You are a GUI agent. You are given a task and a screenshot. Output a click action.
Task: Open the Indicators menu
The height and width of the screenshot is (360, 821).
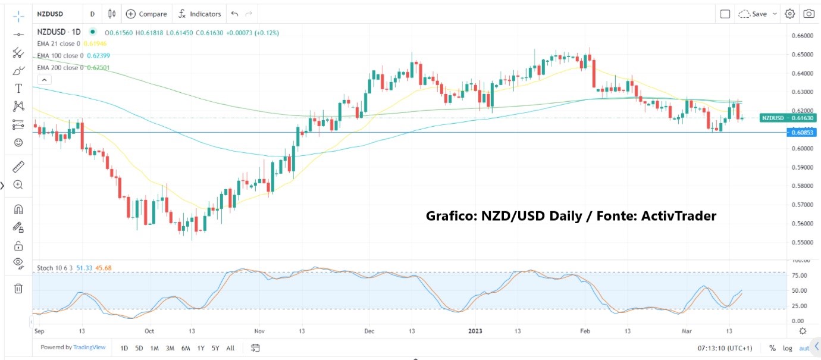click(x=200, y=14)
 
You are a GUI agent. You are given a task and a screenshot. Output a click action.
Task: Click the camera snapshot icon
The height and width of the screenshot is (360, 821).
click(x=809, y=14)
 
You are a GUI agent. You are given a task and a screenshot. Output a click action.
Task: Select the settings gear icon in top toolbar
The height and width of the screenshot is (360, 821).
click(x=789, y=14)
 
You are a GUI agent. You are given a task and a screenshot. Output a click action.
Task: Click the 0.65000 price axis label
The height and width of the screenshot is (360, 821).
click(x=802, y=55)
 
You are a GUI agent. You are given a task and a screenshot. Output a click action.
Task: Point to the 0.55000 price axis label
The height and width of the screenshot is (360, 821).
click(x=802, y=243)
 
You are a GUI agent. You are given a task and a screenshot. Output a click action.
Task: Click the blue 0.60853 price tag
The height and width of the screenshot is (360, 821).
click(x=802, y=132)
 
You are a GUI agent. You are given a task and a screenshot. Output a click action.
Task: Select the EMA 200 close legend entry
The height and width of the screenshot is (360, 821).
click(x=60, y=68)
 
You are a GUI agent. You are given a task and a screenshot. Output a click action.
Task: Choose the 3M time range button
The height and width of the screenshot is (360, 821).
click(x=170, y=348)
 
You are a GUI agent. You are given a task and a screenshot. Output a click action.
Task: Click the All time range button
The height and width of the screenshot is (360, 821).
click(x=230, y=348)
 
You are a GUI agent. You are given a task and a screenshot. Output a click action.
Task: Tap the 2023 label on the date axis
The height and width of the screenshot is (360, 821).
click(x=475, y=331)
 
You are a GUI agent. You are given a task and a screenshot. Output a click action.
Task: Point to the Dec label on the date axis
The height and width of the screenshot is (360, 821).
click(x=369, y=331)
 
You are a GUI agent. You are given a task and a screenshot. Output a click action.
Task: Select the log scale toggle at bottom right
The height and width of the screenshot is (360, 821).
click(x=788, y=348)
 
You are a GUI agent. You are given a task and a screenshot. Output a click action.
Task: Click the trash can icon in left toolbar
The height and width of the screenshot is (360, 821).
click(x=18, y=289)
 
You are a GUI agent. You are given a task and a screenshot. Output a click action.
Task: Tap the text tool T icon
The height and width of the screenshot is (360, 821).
click(x=18, y=89)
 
